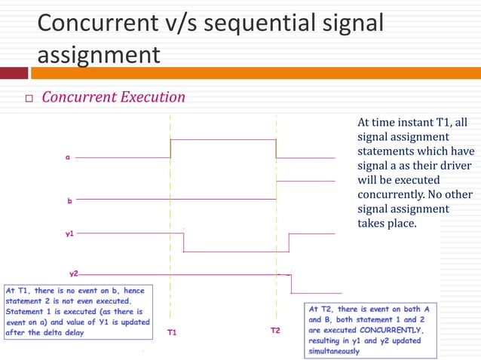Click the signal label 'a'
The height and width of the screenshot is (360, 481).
tap(68, 157)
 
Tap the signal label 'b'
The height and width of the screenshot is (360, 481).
tap(69, 201)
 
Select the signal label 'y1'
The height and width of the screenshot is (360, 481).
tap(69, 234)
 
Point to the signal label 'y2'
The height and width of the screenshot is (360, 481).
tap(73, 273)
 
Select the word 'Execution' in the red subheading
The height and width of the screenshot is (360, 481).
tap(149, 97)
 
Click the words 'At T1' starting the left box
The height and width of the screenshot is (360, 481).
tap(19, 290)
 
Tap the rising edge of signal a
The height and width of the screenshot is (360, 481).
tap(171, 148)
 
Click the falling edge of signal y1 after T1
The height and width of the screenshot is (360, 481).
tap(184, 242)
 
